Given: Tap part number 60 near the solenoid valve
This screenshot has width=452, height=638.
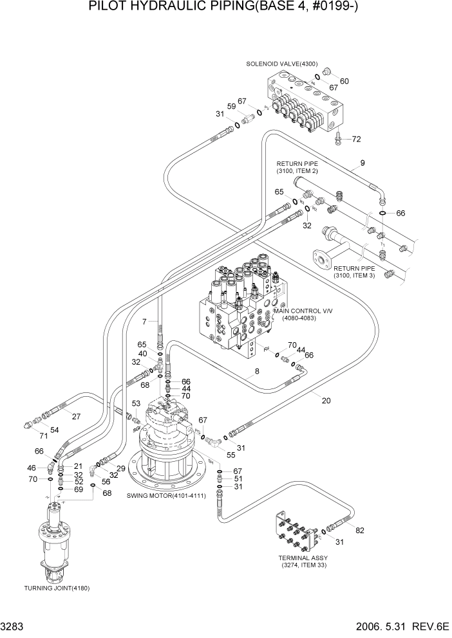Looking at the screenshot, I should [x=344, y=81].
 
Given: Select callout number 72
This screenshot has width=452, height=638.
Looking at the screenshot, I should [x=357, y=139].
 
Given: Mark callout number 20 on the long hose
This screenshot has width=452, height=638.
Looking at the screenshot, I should [x=326, y=401].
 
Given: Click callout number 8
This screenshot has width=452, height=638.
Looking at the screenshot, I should [x=256, y=371].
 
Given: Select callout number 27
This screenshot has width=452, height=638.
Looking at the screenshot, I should [x=76, y=416].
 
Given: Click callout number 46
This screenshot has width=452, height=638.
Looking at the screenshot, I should [x=32, y=468].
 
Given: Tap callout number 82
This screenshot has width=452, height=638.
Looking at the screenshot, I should [x=359, y=531].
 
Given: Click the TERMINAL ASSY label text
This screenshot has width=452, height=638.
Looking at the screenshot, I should [x=303, y=558].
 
